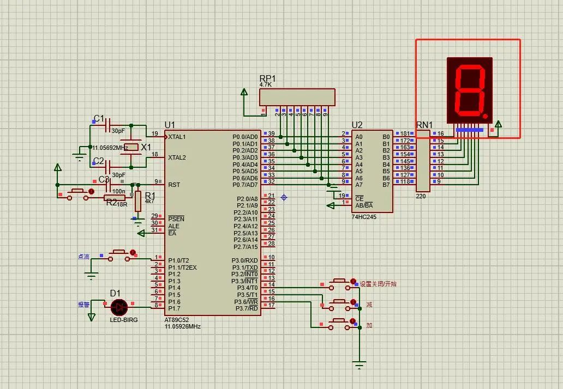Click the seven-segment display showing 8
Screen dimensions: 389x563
[x=470, y=90]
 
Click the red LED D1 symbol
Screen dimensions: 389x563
[x=118, y=307]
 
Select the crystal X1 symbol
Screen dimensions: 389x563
[x=131, y=147]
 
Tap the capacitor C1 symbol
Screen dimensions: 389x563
[x=107, y=125]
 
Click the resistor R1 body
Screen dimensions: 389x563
[x=137, y=201]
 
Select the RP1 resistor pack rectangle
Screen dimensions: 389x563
[x=297, y=97]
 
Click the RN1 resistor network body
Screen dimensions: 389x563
[x=422, y=161]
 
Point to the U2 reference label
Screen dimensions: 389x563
[x=357, y=125]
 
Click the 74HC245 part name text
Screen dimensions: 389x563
[x=364, y=217]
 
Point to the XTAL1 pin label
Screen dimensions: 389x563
[x=177, y=137]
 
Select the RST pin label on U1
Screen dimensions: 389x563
[x=174, y=185]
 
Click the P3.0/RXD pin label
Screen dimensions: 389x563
[x=245, y=260]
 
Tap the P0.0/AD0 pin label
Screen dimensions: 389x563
[x=245, y=137]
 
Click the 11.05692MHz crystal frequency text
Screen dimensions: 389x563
[x=110, y=148]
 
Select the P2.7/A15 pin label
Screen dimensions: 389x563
[x=246, y=247]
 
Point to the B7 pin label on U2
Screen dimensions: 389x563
[x=386, y=185]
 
